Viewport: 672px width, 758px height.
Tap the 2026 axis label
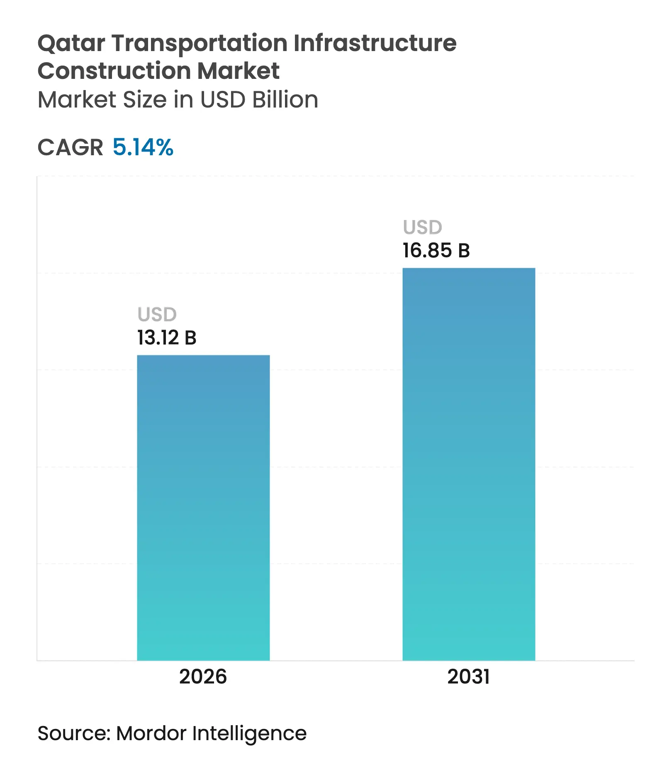[x=203, y=677]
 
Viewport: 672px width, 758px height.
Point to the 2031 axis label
[x=468, y=677]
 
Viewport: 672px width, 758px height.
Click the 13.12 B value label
[x=167, y=337]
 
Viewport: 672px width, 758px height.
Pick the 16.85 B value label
[x=436, y=251]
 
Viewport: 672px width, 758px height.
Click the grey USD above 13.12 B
[x=157, y=315]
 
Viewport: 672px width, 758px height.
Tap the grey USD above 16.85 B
[x=423, y=227]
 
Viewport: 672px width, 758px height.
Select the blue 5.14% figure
[x=143, y=147]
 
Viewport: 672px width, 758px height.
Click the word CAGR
[x=70, y=147]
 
